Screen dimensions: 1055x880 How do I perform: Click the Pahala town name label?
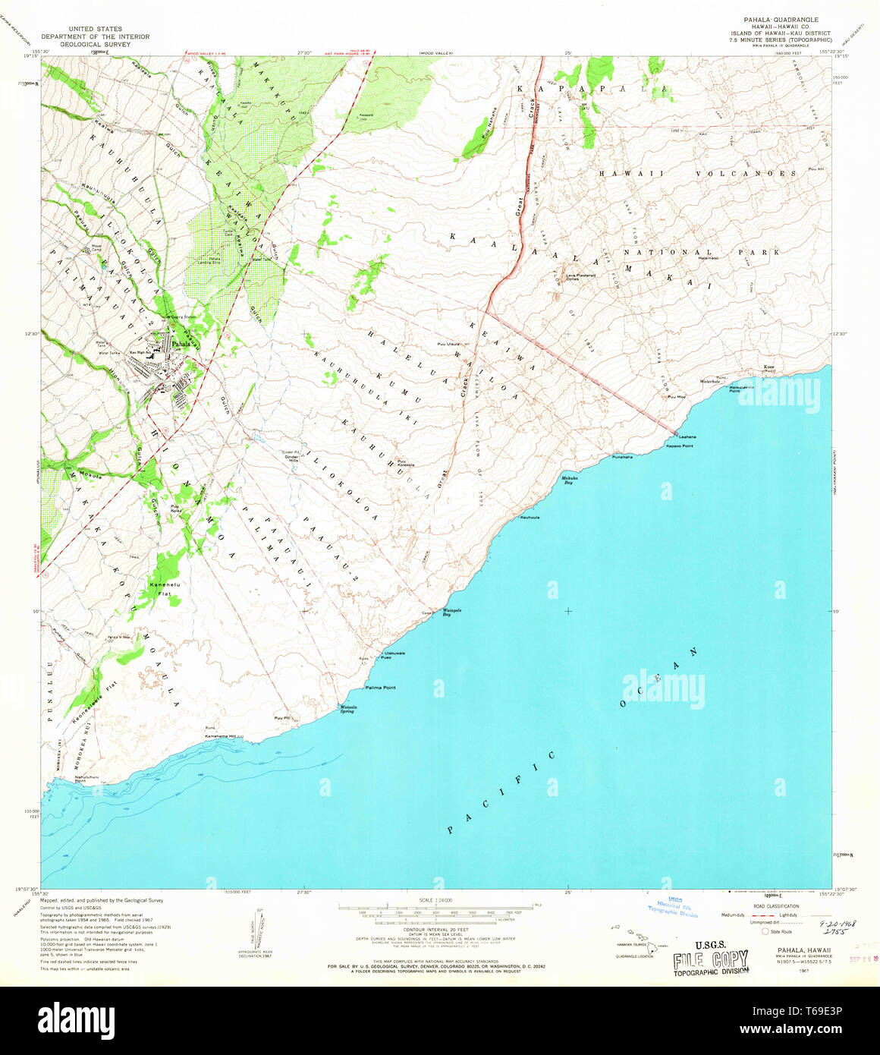[180, 343]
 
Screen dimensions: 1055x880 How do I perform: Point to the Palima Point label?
[380, 688]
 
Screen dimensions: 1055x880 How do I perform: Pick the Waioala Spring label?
[347, 709]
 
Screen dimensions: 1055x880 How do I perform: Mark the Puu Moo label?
[676, 397]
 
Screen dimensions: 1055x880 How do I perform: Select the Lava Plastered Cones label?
[583, 277]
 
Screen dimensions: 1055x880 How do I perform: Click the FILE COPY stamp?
[710, 960]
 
